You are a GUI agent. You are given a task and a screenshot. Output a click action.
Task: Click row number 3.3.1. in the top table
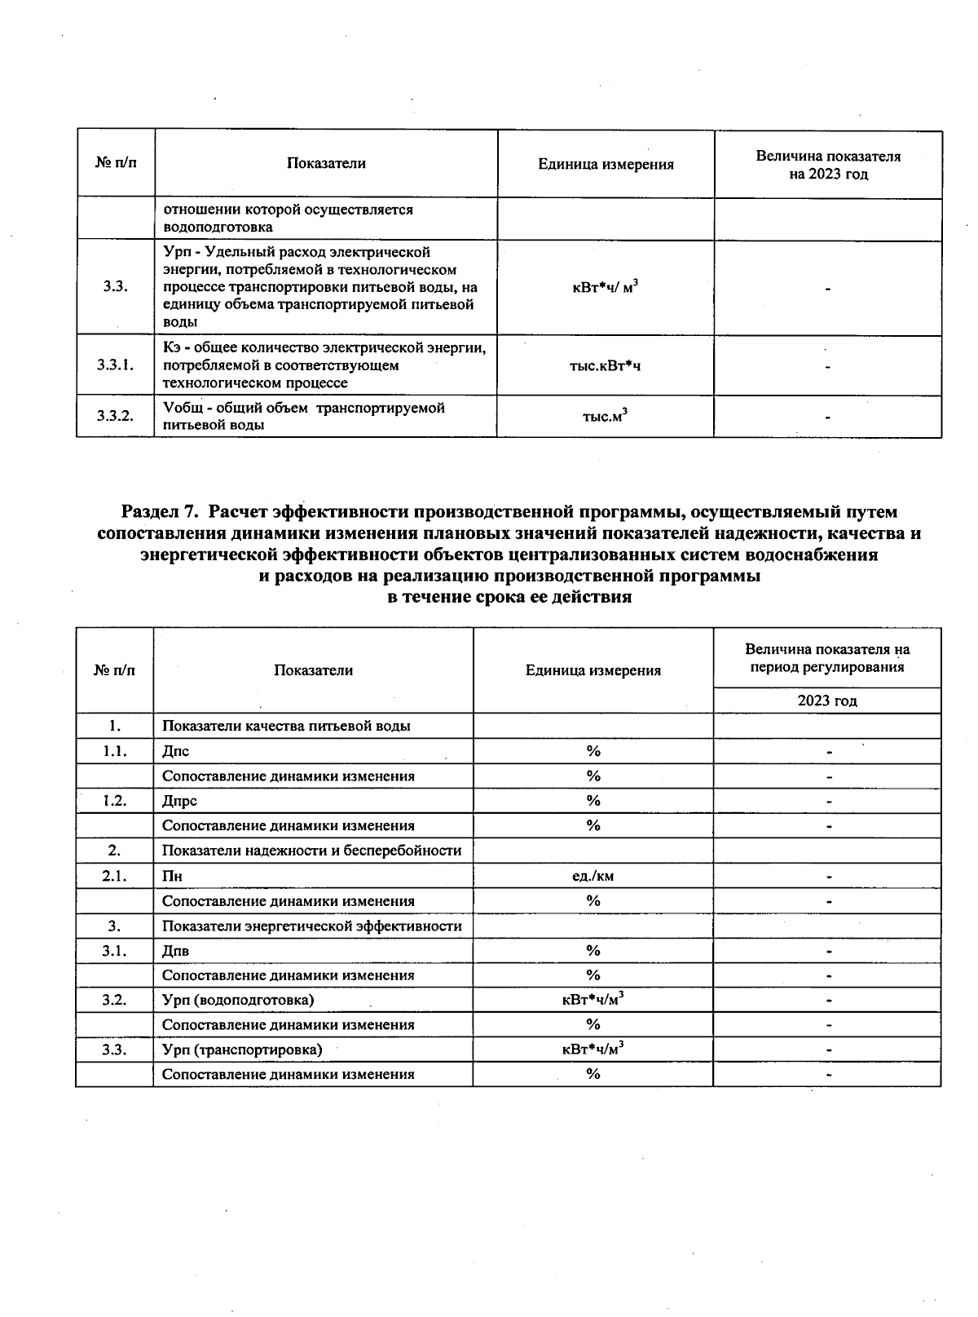point(115,365)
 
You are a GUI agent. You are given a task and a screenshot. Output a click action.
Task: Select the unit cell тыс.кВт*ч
point(605,366)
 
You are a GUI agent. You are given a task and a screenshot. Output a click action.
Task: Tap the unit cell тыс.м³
point(605,417)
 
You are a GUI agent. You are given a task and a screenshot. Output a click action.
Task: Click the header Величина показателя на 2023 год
point(827,165)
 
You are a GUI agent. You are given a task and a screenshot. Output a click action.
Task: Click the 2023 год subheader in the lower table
point(826,700)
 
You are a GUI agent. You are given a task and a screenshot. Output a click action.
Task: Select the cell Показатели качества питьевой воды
point(286,726)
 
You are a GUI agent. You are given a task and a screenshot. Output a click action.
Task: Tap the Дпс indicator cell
point(176,751)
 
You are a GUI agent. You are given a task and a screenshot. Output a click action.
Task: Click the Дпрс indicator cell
point(180,801)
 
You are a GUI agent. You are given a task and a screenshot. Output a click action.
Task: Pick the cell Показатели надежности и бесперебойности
point(311,851)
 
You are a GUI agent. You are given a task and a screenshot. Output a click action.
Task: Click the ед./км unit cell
point(593,876)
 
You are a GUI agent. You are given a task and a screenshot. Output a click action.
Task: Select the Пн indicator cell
point(172,877)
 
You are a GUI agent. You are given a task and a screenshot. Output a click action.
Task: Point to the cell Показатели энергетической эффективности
point(311,926)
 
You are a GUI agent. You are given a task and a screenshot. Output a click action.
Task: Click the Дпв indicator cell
point(176,951)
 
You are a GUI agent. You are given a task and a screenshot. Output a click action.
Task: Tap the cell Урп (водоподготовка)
point(238,1000)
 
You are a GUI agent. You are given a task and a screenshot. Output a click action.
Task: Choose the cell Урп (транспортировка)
point(242,1050)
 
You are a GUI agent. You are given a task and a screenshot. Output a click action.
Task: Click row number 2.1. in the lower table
point(114,876)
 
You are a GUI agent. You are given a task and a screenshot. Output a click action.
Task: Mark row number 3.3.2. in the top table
point(115,416)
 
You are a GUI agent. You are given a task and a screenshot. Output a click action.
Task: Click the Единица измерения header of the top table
point(606,165)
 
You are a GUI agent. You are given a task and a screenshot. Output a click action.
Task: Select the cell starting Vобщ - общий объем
point(304,416)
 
